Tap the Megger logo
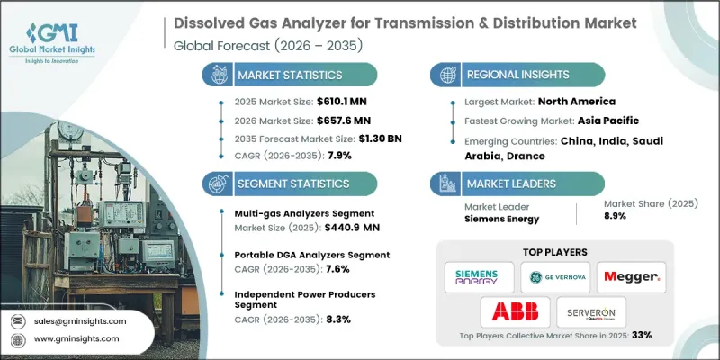[632, 275]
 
